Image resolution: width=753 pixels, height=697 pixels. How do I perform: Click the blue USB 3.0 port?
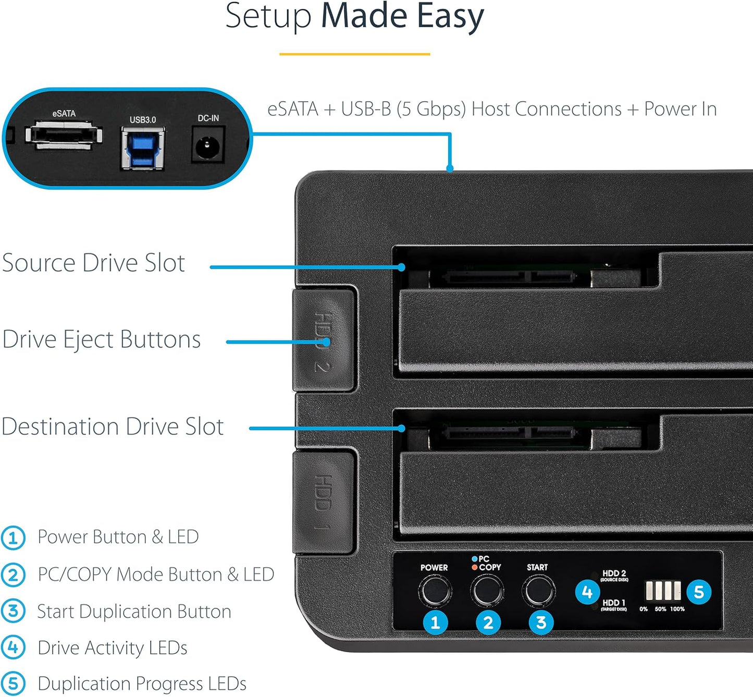143,149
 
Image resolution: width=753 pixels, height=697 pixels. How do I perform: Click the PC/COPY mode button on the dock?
487,591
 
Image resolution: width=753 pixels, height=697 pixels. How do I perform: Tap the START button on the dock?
538,591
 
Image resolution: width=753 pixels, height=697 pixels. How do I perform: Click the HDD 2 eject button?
324,340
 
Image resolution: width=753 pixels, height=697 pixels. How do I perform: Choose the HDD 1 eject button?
324,502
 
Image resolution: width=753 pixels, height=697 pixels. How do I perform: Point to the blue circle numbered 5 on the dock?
699,592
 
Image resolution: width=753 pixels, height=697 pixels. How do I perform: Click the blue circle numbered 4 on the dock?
587,592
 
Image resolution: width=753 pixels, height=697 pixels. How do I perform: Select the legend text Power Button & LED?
118,537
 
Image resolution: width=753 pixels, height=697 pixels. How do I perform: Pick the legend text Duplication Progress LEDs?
142,683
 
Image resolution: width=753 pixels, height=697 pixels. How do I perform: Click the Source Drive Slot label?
94,263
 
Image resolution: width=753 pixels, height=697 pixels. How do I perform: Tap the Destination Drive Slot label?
113,426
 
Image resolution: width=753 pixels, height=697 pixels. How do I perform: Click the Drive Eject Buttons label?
102,339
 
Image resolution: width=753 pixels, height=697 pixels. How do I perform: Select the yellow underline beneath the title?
354,54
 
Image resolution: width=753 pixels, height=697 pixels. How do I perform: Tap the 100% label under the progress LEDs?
677,609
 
